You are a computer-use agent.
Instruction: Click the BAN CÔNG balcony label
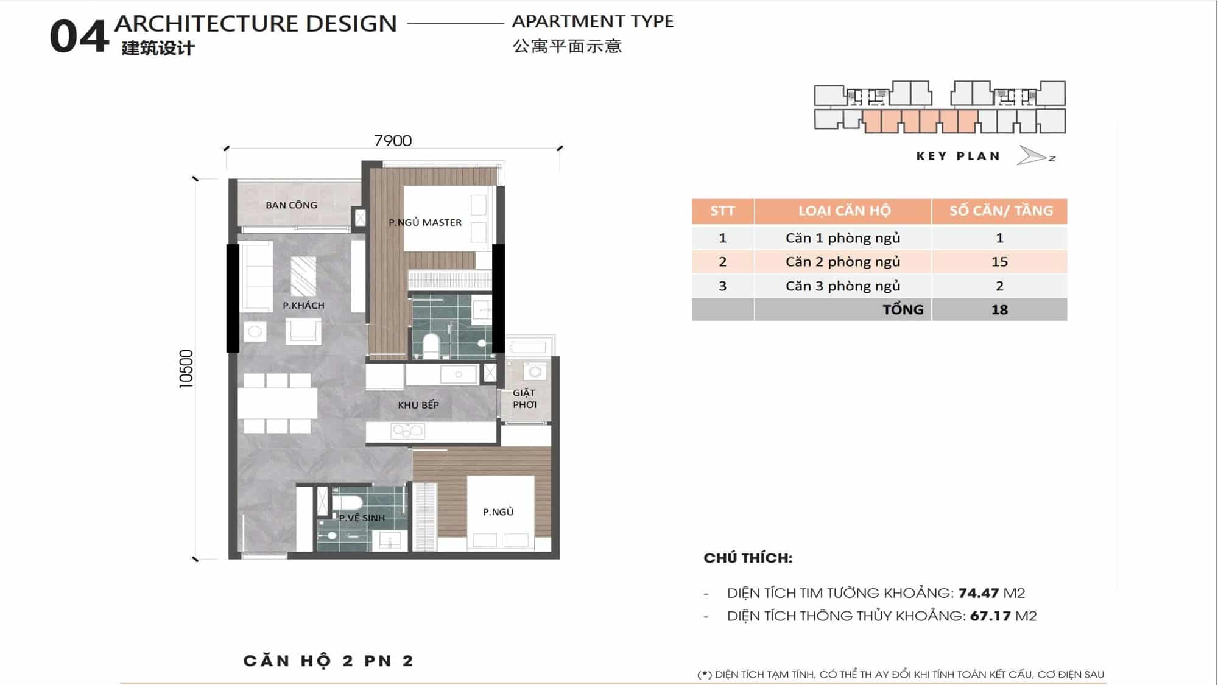coord(291,205)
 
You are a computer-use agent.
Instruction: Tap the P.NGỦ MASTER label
coord(425,222)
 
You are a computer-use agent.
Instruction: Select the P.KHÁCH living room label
coord(303,305)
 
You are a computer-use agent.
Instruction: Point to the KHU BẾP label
coord(418,405)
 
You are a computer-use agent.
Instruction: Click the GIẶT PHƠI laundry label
coord(524,399)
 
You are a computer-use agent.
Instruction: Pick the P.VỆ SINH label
coord(362,518)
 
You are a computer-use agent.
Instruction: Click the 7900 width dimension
coord(393,141)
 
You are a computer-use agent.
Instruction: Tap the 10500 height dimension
coord(186,369)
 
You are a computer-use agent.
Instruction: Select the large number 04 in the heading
coord(79,37)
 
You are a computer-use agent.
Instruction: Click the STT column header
coord(722,211)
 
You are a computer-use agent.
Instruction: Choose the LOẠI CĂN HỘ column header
coord(844,211)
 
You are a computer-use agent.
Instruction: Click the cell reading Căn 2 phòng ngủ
coord(843,262)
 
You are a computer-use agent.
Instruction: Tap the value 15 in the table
coord(999,262)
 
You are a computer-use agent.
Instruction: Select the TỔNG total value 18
coord(999,309)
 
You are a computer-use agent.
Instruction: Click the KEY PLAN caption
coord(958,156)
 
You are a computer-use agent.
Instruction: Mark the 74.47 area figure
coord(978,592)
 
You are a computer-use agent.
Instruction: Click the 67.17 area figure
coord(990,616)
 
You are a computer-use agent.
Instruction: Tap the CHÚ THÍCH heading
coord(748,558)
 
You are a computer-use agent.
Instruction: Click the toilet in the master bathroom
coord(431,345)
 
